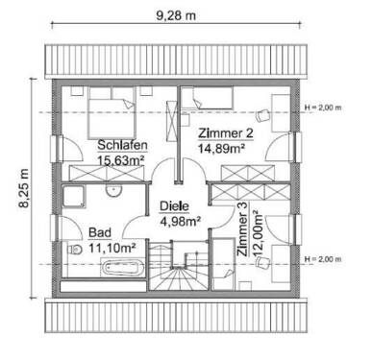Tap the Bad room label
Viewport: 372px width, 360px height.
coord(98,232)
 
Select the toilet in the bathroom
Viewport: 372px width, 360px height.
coord(76,249)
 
